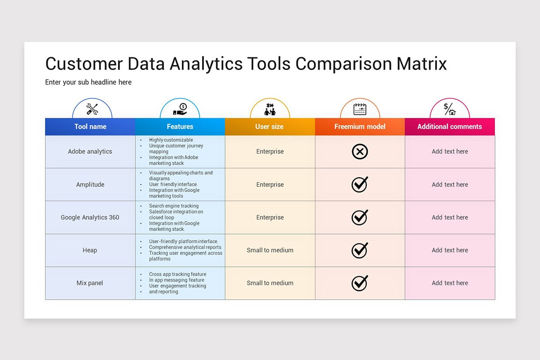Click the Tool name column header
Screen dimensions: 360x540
pos(90,126)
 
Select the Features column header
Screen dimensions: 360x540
pos(180,126)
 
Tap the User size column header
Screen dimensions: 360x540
pos(270,126)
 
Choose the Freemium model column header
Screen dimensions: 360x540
pos(360,126)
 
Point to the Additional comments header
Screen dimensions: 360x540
pos(450,126)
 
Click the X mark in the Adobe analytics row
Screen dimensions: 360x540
pos(360,152)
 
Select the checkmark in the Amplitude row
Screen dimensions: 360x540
pos(360,184)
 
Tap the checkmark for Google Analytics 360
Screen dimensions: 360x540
pos(360,217)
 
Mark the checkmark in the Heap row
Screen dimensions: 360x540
pos(360,250)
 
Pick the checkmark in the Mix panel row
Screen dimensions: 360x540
pos(360,283)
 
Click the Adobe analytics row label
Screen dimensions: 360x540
pos(90,152)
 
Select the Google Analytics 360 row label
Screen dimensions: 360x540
pos(90,217)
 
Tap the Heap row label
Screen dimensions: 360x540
pos(90,250)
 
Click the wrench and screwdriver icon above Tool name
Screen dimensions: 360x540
pos(92,109)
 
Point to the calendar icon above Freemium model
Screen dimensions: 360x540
pos(360,109)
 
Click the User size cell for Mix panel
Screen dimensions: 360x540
pos(270,283)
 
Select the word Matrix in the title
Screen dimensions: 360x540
pos(422,64)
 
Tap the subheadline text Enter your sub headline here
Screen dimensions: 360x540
pos(88,82)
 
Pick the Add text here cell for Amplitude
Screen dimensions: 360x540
pos(450,184)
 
